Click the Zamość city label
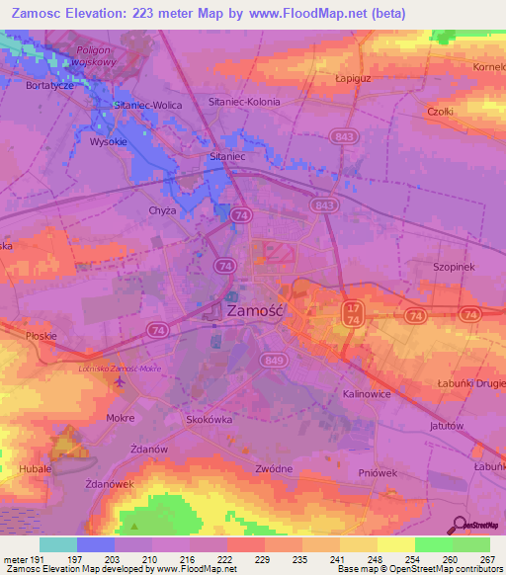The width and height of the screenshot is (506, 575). [x=256, y=310]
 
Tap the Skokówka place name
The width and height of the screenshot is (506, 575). [x=209, y=419]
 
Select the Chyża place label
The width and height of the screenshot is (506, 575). [x=161, y=210]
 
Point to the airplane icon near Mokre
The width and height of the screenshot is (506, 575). [x=121, y=384]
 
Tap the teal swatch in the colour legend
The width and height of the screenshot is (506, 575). [x=58, y=544]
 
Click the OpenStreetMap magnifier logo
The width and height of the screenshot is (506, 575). [x=458, y=525]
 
